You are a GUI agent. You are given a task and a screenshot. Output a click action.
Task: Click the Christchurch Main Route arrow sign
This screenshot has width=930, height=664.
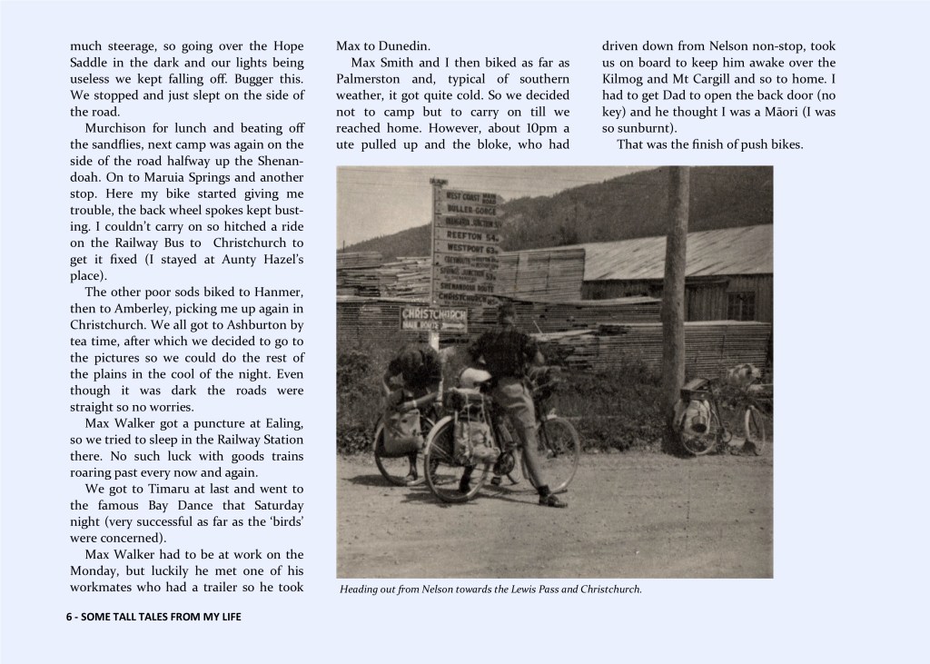point(434,320)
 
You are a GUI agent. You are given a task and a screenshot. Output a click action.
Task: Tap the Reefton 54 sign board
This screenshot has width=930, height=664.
point(466,234)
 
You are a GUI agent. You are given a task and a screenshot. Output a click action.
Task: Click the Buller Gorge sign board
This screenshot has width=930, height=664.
point(466,208)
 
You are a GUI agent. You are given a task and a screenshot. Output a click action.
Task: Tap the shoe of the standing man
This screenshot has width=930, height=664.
point(552,500)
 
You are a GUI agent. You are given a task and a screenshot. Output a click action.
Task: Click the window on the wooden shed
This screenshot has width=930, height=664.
point(740,305)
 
